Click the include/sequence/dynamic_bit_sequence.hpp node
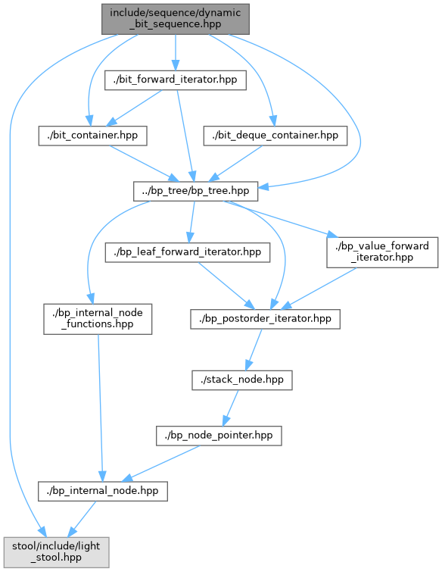click(x=176, y=19)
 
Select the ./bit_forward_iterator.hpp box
click(x=176, y=80)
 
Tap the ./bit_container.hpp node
click(x=92, y=136)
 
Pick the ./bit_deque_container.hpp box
click(x=275, y=136)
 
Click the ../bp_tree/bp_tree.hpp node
click(x=195, y=191)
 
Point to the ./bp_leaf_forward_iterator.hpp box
click(x=187, y=252)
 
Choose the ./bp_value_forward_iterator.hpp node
click(x=382, y=252)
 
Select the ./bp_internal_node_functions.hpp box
click(x=98, y=319)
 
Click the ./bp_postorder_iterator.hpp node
click(x=265, y=319)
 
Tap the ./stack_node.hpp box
click(x=242, y=380)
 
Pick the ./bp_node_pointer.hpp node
click(x=219, y=436)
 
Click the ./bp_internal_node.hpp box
click(x=103, y=492)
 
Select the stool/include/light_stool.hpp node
click(x=57, y=552)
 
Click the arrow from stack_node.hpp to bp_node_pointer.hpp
click(x=231, y=408)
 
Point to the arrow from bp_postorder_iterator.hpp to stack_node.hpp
click(x=254, y=350)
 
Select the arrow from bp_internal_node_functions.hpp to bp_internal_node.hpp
click(x=100, y=408)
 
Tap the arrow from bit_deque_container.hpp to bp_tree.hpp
click(x=235, y=164)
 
